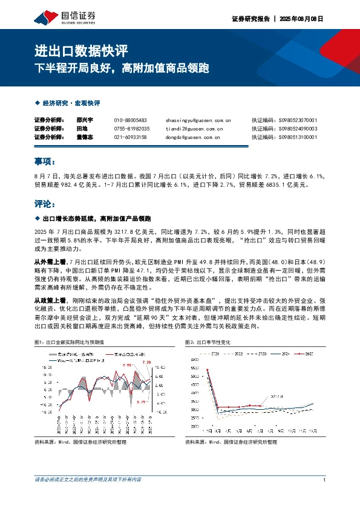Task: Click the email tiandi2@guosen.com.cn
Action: click(194, 129)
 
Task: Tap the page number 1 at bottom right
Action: click(325, 480)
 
